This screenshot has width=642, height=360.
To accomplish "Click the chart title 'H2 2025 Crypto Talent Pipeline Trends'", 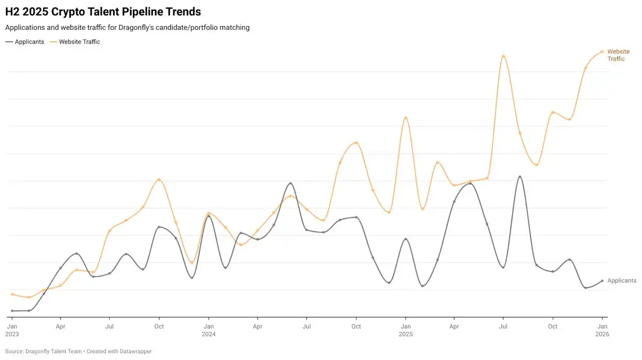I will point(103,11).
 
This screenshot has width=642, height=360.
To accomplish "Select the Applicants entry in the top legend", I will point(25,42).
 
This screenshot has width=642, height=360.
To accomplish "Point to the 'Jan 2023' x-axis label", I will point(12,330).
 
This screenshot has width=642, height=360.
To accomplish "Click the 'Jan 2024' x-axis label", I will point(209,330).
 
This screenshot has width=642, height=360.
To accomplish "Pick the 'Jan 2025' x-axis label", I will point(405,330).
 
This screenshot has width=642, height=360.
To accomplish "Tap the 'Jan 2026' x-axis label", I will point(602,330).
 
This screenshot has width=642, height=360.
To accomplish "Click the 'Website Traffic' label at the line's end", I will point(618,55).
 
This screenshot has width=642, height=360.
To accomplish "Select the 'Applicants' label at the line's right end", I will point(622,281).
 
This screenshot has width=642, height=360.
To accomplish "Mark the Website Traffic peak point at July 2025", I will point(503,56).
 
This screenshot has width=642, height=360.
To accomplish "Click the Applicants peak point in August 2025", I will point(520,177).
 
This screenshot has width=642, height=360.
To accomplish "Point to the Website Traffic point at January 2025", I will point(405,118).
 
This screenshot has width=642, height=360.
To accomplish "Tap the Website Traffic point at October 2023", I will point(159,180).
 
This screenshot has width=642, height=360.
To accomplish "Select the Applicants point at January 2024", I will point(208,216).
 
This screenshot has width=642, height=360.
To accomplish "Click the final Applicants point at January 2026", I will point(602,281).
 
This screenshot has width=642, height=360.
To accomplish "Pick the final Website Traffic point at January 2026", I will point(602,51).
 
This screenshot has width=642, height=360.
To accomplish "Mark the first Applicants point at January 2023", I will point(12,311).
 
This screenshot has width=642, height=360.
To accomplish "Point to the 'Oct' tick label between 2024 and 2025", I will point(356,326).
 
